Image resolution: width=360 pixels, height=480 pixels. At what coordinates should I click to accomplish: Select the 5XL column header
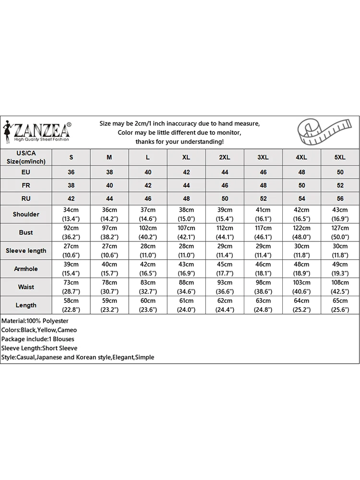click(x=340, y=157)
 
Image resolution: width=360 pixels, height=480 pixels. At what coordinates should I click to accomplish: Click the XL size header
click(x=186, y=157)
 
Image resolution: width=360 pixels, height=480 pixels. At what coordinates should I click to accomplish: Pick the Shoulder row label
click(x=26, y=214)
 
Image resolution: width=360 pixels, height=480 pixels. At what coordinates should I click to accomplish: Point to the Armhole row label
click(x=26, y=269)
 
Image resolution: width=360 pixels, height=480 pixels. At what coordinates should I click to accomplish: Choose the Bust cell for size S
click(x=72, y=232)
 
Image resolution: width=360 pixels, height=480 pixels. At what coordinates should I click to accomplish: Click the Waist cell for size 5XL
click(x=340, y=287)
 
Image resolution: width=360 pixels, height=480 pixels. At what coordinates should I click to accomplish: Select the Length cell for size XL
click(x=186, y=305)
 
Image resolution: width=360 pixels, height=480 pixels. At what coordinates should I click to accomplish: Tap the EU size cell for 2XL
click(x=225, y=172)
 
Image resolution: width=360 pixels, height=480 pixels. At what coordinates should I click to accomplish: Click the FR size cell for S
click(x=72, y=185)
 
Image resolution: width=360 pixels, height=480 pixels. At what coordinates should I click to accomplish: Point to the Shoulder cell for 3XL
click(x=263, y=214)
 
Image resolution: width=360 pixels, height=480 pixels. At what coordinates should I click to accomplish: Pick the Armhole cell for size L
click(x=148, y=269)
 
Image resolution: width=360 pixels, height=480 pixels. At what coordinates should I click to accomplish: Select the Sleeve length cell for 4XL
click(x=301, y=251)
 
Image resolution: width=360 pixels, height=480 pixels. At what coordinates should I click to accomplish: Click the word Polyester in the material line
click(x=55, y=321)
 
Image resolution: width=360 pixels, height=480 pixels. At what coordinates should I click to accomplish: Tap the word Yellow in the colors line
click(x=47, y=330)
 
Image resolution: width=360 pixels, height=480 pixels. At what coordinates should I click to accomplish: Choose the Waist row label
click(x=26, y=287)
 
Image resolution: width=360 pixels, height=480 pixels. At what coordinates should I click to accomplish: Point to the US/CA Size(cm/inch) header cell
click(x=26, y=157)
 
